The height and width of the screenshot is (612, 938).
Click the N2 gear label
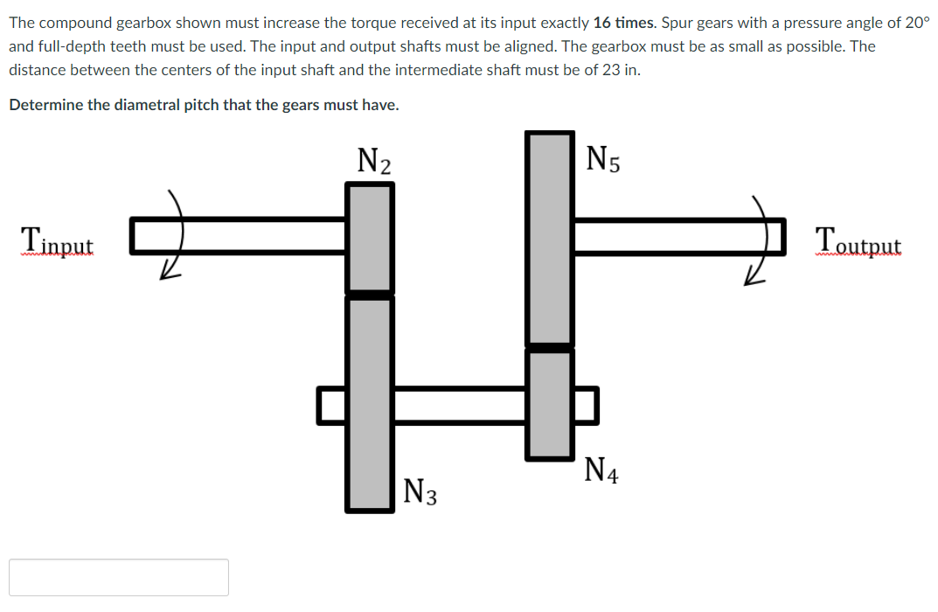point(374,161)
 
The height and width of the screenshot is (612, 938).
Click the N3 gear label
point(420,491)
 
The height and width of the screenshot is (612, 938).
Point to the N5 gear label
point(603,159)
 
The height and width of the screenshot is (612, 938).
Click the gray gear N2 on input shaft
point(370,237)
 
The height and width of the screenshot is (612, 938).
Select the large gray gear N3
point(370,403)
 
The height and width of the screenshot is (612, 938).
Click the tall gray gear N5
point(550,238)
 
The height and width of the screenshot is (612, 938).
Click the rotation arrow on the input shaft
point(175,236)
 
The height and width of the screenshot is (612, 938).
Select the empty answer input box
point(119,578)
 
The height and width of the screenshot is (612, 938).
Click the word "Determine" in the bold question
point(43,105)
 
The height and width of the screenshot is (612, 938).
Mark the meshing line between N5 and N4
point(550,348)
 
